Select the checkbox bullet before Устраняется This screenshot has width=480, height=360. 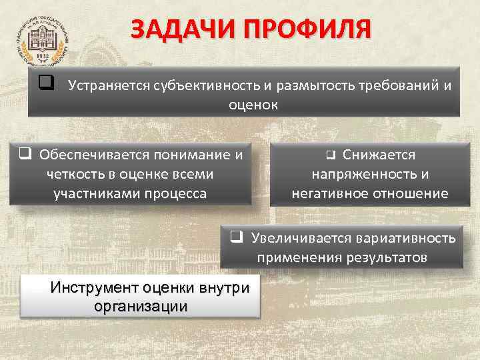46,85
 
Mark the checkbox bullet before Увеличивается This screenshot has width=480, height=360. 235,237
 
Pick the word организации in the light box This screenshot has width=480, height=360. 141,307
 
